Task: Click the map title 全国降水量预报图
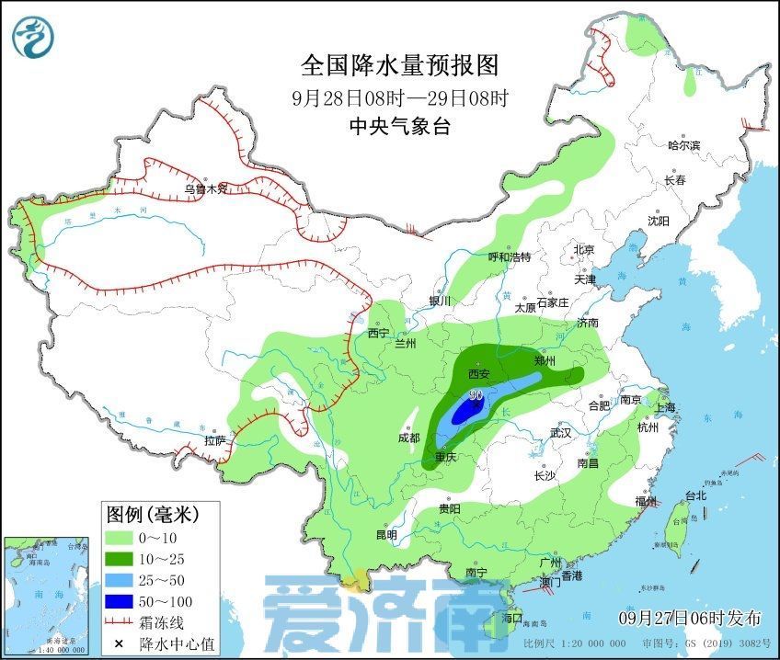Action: tap(399, 65)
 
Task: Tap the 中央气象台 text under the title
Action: tap(399, 128)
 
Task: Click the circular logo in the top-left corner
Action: tap(34, 36)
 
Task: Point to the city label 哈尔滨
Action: tap(683, 145)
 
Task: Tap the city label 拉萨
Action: tap(214, 440)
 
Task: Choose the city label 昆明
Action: tap(386, 535)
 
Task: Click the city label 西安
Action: tap(479, 374)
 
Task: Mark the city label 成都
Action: tap(409, 438)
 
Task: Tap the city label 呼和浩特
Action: tap(509, 257)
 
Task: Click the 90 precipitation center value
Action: tap(476, 395)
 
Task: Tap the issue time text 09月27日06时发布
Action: tap(690, 616)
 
